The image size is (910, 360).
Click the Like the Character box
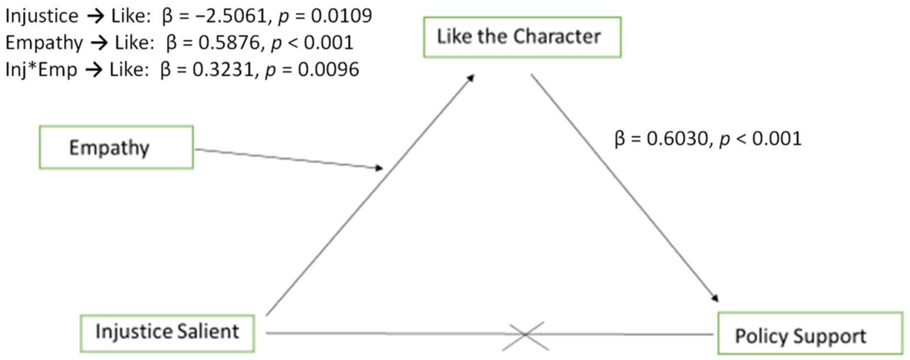pos(522,37)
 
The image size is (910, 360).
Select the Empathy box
pos(116,147)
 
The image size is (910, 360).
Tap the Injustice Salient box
pos(167,332)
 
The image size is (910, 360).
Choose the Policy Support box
pos(810,334)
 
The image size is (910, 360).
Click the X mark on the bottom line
pos(526,335)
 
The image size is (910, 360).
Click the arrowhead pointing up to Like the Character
pos(471,78)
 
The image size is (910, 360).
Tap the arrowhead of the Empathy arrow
pos(378,167)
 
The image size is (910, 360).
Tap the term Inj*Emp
pos(41,70)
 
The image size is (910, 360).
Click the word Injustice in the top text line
pos(42,16)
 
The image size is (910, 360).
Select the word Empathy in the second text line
pos(44,43)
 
